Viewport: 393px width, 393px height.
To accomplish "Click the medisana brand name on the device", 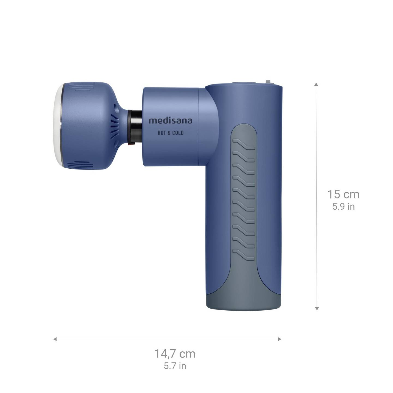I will click(x=170, y=121).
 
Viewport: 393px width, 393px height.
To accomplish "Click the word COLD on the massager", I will click(x=178, y=133).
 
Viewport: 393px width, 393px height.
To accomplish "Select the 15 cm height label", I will click(x=343, y=195).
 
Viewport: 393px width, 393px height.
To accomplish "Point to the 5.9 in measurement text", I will click(x=343, y=207).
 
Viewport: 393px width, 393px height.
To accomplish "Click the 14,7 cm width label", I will click(x=175, y=354).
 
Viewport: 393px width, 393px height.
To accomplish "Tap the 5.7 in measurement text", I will click(x=175, y=366).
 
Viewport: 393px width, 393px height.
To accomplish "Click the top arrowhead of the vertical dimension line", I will click(x=317, y=84).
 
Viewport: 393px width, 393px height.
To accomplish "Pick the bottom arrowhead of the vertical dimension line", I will click(x=317, y=308).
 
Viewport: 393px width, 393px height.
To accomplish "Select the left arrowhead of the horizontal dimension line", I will click(x=55, y=339).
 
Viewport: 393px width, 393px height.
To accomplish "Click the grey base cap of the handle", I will click(x=243, y=300).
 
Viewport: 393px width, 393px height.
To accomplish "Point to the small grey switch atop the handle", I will click(x=269, y=82).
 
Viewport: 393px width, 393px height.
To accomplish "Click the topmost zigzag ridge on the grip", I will click(x=244, y=144).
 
